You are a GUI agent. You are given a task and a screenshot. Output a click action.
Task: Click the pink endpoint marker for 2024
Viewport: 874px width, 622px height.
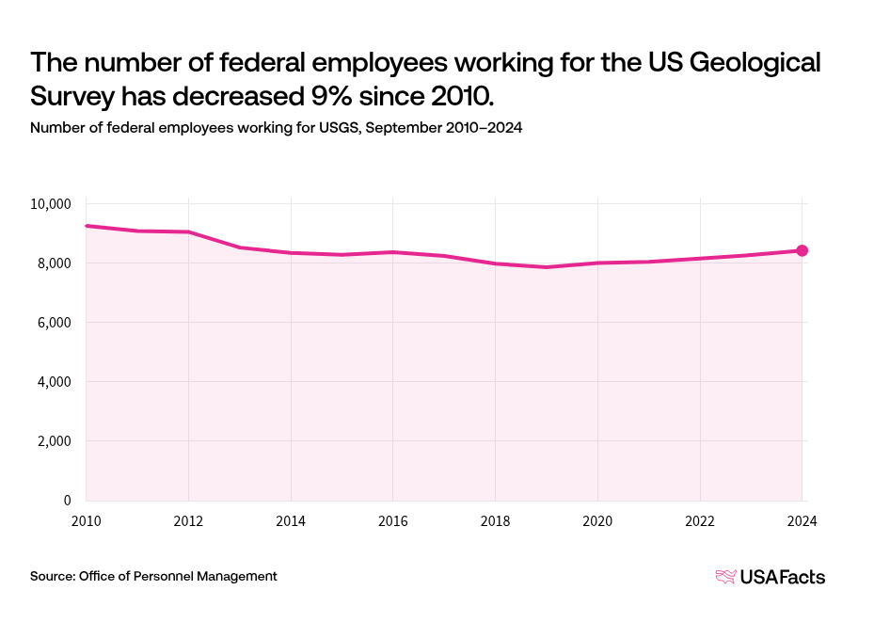tap(802, 250)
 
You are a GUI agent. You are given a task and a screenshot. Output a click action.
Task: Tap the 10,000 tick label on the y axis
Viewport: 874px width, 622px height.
tap(52, 204)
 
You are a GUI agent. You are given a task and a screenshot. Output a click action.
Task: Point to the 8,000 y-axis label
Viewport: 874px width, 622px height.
tap(55, 263)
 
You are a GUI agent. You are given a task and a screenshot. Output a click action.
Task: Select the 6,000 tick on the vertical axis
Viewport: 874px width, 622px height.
tap(55, 323)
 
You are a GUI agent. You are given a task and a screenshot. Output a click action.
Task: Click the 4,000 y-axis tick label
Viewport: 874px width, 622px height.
tap(55, 382)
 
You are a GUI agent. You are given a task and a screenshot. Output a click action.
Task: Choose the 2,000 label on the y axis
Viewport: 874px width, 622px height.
tap(55, 441)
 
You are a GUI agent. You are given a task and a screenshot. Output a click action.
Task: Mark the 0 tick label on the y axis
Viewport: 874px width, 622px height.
tap(68, 501)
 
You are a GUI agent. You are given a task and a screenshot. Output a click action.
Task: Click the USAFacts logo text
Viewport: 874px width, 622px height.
tap(783, 577)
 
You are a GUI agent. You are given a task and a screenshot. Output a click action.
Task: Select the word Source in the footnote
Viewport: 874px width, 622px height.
tap(51, 576)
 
